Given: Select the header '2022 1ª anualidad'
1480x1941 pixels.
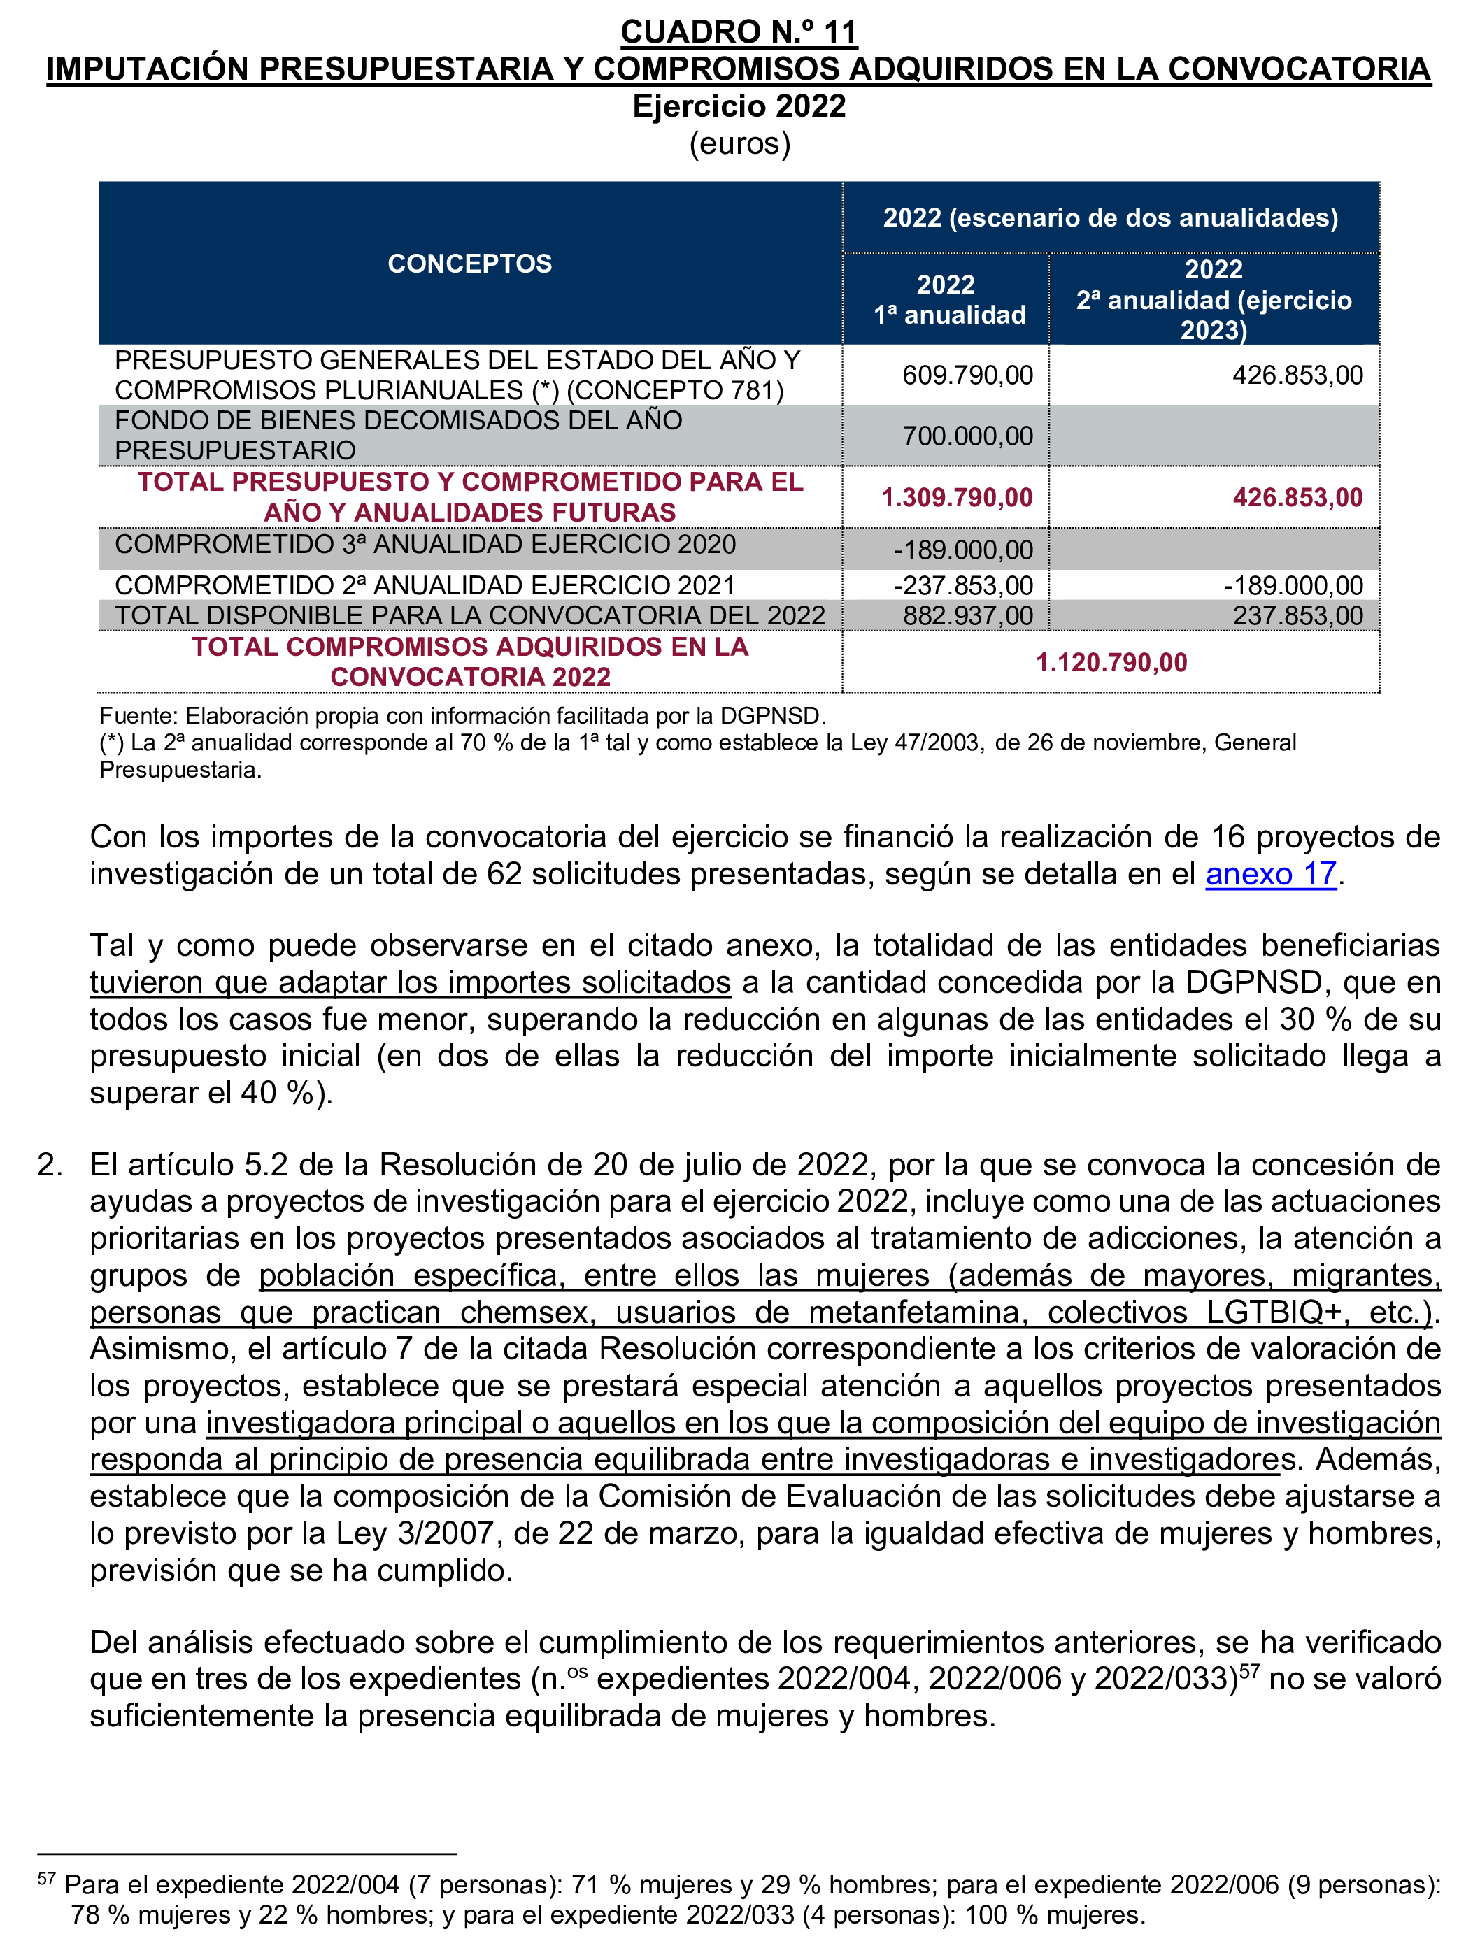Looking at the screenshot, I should pos(948,299).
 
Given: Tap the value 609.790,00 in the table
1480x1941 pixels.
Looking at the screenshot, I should pos(967,375).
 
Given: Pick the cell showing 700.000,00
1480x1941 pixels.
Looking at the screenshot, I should pos(967,436).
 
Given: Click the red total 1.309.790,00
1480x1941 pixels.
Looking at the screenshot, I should pos(957,498).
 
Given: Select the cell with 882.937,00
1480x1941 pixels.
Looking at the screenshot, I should pos(967,615).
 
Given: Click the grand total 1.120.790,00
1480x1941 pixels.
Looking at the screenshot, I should pos(1111,662).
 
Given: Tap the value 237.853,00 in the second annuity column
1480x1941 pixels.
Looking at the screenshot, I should pos(1297,615).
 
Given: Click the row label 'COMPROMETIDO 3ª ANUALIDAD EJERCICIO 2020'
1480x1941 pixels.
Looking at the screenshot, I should pos(425,544).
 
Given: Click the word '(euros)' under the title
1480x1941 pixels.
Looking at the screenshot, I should pos(739,143).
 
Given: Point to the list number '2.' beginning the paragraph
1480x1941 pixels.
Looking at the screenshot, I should pos(50,1165).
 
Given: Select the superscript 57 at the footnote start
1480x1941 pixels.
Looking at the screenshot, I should pos(45,1879).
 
